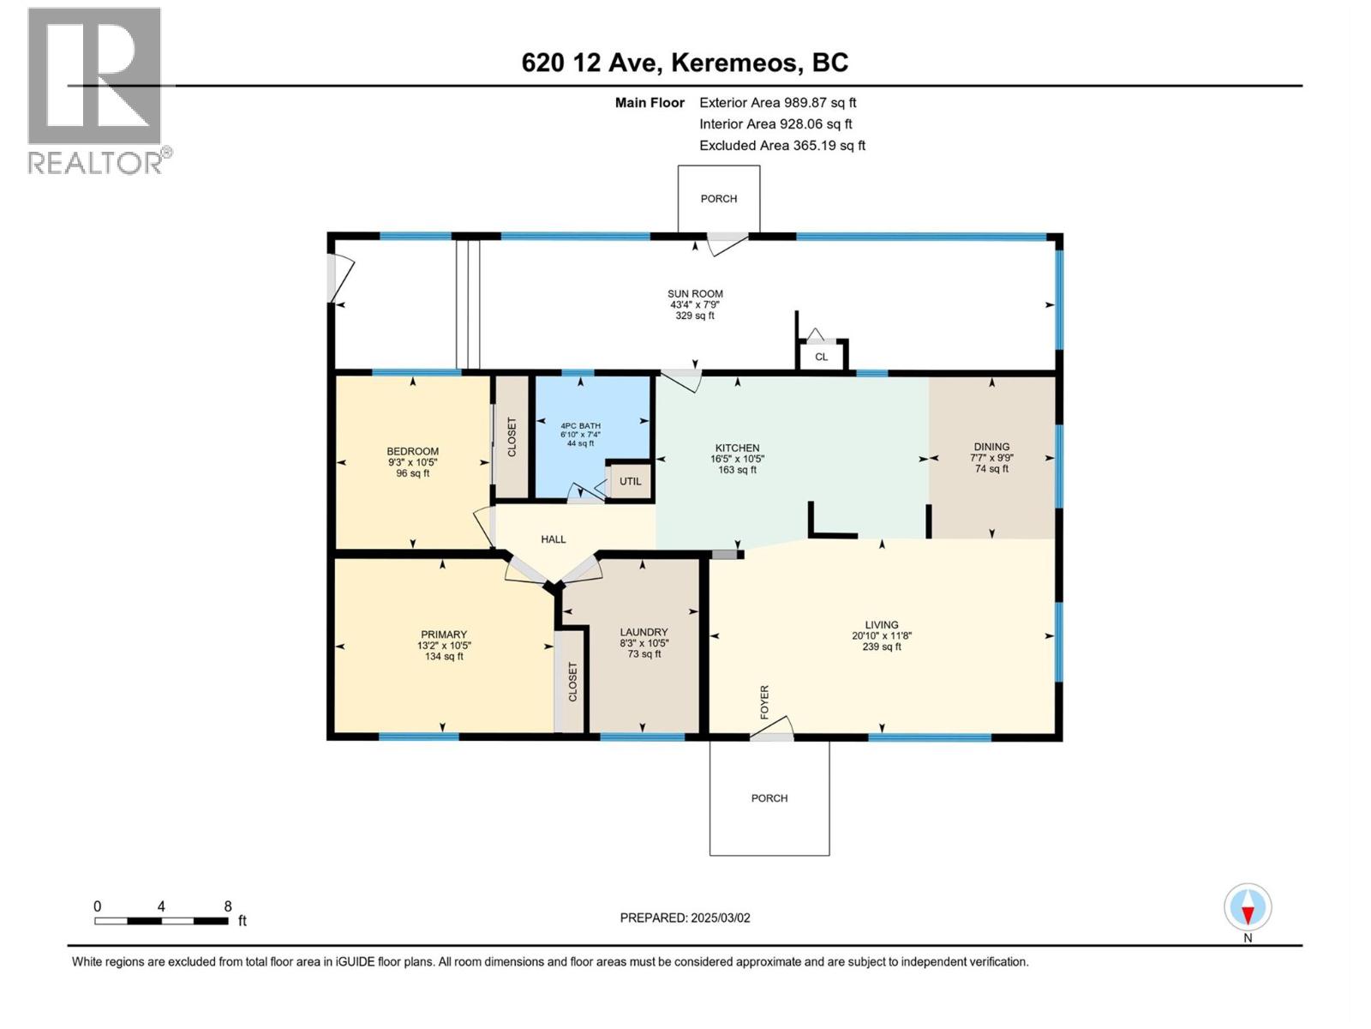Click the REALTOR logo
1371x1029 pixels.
95,90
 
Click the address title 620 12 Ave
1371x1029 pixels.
685,63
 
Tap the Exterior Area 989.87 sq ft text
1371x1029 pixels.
777,103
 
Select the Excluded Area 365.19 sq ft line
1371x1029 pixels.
781,146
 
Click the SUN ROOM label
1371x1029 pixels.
695,294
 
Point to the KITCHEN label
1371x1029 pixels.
737,448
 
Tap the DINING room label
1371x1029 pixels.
991,447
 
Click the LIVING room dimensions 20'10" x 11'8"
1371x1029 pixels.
881,636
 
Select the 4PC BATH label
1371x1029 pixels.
580,425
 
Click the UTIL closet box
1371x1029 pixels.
630,481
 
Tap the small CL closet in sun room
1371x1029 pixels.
821,357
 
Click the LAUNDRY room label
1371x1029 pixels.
644,632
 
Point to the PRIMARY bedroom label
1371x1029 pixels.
443,635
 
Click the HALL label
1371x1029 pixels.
553,539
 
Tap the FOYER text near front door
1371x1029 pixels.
764,701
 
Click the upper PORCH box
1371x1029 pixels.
718,199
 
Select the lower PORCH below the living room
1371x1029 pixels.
769,798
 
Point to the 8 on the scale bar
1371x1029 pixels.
228,906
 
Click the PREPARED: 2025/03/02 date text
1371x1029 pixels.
685,918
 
